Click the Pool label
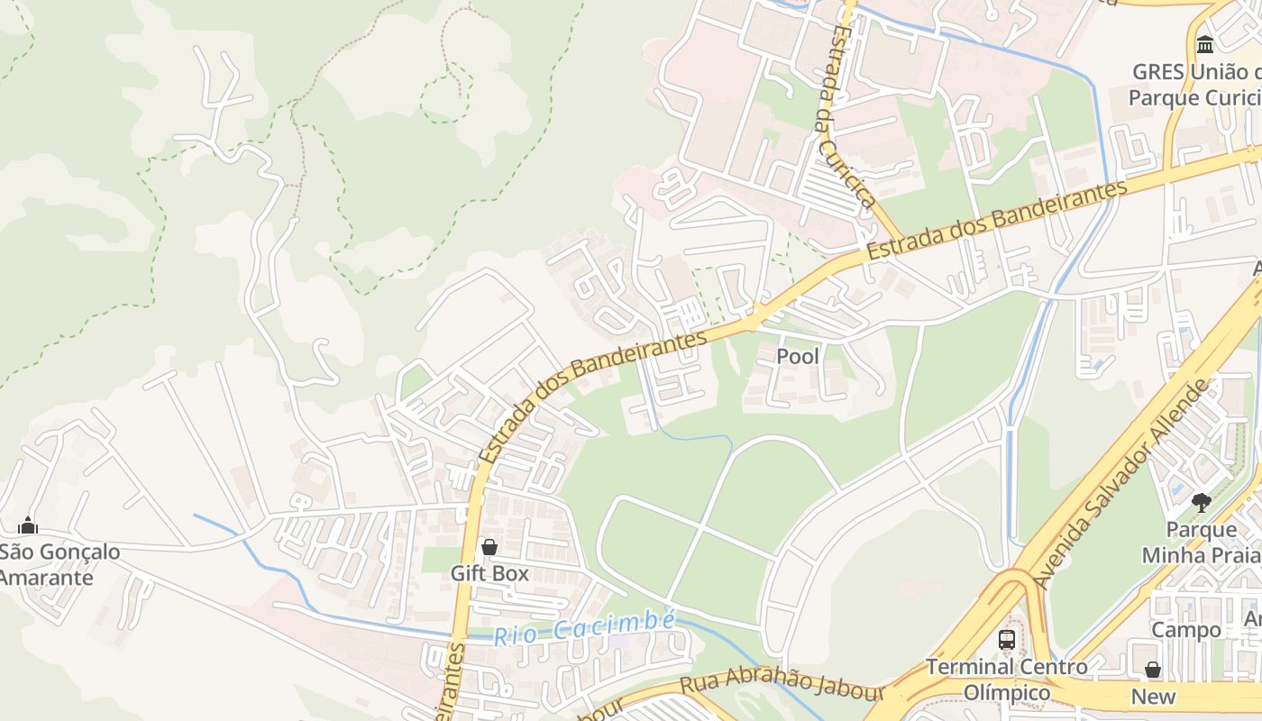point(798,357)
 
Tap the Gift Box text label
point(489,573)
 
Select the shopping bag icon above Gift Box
point(489,547)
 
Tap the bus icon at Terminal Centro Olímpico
point(1007,640)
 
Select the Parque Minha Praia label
point(1199,542)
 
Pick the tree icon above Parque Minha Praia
point(1200,502)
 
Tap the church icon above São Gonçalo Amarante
point(28,525)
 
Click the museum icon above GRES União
point(1205,44)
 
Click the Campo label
point(1185,630)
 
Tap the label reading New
point(1153,697)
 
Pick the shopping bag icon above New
point(1153,670)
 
